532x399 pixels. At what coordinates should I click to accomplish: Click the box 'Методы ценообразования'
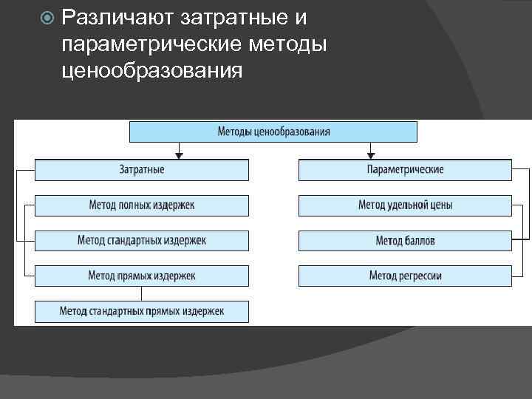(273, 132)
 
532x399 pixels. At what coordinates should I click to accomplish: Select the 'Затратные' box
(142, 170)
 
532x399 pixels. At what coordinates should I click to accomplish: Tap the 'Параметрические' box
(405, 170)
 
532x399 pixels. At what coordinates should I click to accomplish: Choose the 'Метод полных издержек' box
(142, 205)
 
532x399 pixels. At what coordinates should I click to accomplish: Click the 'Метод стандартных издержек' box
(142, 240)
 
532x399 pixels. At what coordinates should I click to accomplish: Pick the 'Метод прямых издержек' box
(142, 276)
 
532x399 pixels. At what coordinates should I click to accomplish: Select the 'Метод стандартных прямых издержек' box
(142, 311)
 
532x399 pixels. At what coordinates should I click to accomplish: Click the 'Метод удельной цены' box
(405, 205)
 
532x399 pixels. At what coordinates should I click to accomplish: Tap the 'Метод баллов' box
(405, 240)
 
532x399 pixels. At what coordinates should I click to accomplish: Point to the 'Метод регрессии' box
(405, 276)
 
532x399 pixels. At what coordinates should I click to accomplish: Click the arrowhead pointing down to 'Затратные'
(178, 155)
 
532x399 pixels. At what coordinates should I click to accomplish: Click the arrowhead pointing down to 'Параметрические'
(369, 155)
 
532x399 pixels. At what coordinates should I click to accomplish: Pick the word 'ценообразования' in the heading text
(152, 72)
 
